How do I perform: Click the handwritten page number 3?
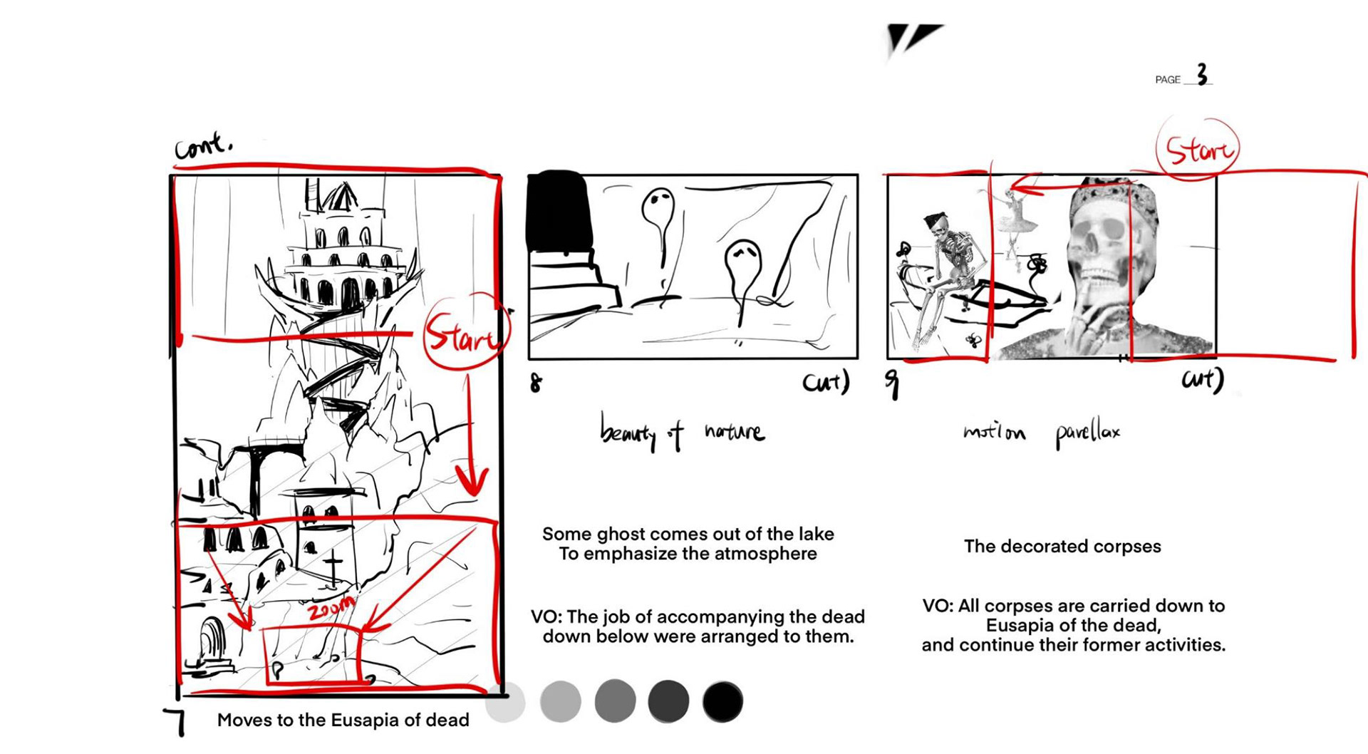pyautogui.click(x=1202, y=74)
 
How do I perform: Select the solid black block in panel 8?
pyautogui.click(x=559, y=210)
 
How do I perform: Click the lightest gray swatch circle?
pyautogui.click(x=505, y=702)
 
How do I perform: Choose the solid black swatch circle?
pyautogui.click(x=722, y=702)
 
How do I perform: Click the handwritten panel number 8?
pyautogui.click(x=536, y=383)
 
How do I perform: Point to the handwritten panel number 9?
pyautogui.click(x=892, y=383)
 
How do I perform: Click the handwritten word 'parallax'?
pyautogui.click(x=1087, y=433)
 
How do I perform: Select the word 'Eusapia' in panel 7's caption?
pyautogui.click(x=371, y=720)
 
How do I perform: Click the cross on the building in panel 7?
pyautogui.click(x=333, y=568)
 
